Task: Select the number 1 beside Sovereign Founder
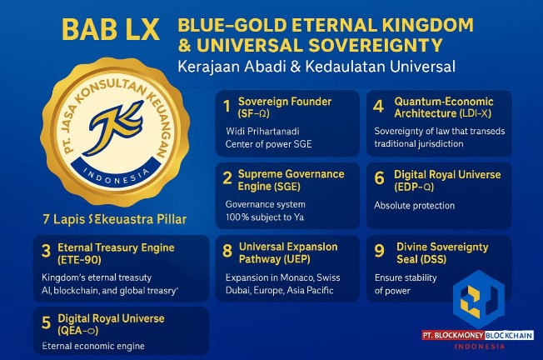tap(227, 107)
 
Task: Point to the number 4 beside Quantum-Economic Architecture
tap(378, 107)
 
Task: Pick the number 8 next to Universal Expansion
tap(227, 252)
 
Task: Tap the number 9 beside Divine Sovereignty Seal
tap(378, 252)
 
